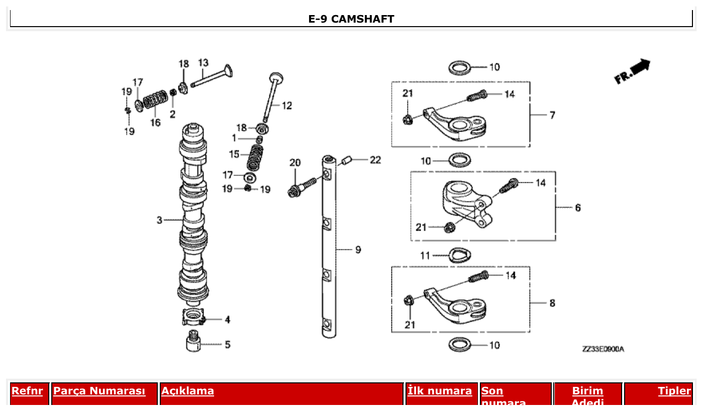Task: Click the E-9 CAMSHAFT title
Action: point(351,19)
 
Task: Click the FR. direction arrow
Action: point(632,71)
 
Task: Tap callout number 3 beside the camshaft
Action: point(159,220)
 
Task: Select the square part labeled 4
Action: point(193,318)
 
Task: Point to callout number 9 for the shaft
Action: point(358,249)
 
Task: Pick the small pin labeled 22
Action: point(346,162)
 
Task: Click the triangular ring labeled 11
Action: point(459,255)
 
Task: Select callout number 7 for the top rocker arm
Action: point(552,115)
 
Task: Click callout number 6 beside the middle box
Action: point(577,208)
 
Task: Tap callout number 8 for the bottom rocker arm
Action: point(552,303)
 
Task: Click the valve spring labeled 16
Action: point(155,101)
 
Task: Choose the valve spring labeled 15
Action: point(255,158)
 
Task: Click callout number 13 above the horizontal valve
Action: point(203,63)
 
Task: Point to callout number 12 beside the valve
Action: point(286,106)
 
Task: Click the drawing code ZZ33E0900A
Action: point(603,349)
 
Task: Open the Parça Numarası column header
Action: point(99,391)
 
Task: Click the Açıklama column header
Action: point(187,391)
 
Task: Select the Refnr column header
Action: point(27,391)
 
